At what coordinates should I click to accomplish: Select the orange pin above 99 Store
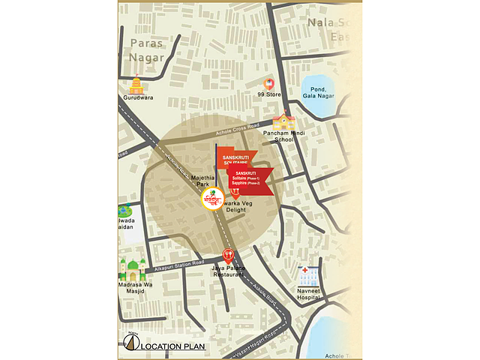pos(268,84)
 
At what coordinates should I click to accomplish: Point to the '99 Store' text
pos(268,96)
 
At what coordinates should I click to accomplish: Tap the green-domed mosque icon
pos(133,269)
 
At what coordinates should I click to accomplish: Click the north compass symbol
pos(130,343)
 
